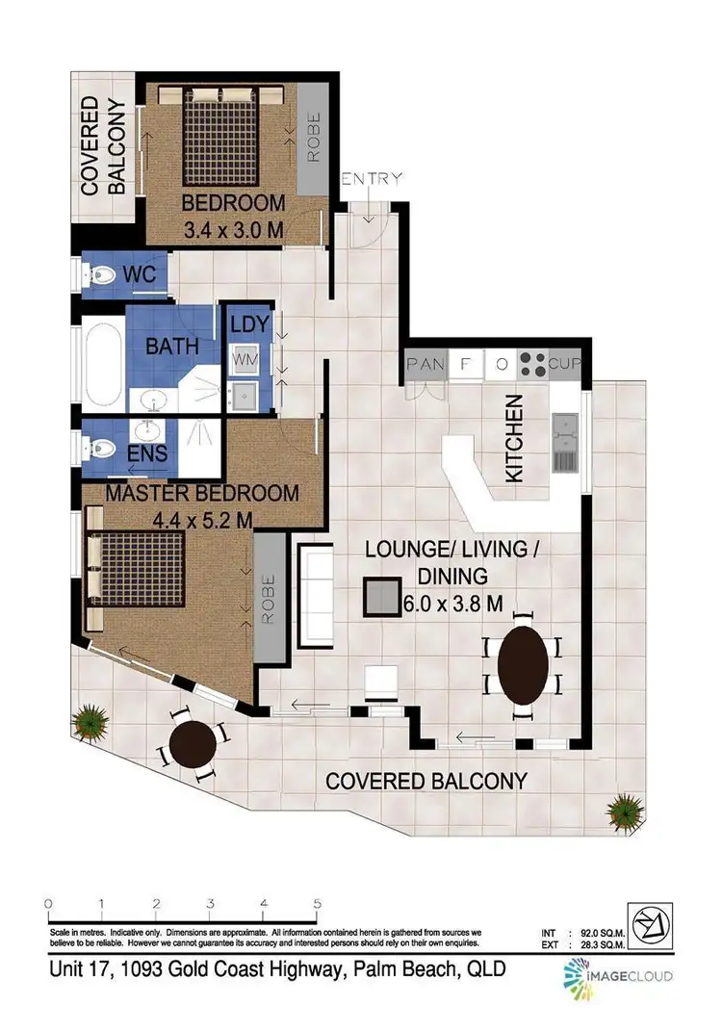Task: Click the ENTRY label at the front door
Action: pyautogui.click(x=372, y=179)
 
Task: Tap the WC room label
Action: pyautogui.click(x=140, y=274)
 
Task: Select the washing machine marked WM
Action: pyautogui.click(x=242, y=359)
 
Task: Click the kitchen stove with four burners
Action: pyautogui.click(x=532, y=364)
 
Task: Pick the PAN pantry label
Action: pyautogui.click(x=425, y=364)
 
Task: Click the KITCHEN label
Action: pyautogui.click(x=515, y=438)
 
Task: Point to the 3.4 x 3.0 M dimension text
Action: pyautogui.click(x=234, y=230)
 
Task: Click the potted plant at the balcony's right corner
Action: pyautogui.click(x=628, y=804)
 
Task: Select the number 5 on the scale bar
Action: pyautogui.click(x=317, y=904)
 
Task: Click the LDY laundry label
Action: pyautogui.click(x=249, y=324)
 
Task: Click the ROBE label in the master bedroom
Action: pyautogui.click(x=271, y=600)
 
